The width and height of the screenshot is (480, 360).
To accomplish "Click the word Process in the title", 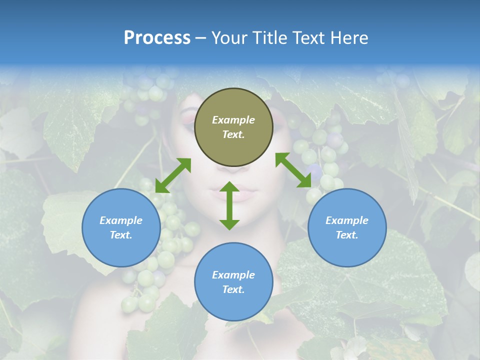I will [x=157, y=38].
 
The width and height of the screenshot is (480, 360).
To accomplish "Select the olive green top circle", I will [x=233, y=127].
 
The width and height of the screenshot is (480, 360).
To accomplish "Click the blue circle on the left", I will [x=121, y=227].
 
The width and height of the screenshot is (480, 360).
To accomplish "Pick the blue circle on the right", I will [x=346, y=227].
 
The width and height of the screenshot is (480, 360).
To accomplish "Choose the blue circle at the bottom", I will [x=233, y=282].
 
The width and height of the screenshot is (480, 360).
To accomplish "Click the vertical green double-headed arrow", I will [x=229, y=205].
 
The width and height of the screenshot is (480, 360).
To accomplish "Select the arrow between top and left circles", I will [x=173, y=175].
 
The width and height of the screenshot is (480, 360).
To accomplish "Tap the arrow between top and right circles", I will [x=293, y=170].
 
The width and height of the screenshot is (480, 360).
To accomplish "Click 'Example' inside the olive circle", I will [x=233, y=120].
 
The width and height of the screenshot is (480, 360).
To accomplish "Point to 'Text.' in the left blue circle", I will [x=121, y=235].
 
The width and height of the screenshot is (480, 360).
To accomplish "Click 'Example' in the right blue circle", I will [x=346, y=220].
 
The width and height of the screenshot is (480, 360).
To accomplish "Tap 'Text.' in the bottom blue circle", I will [x=233, y=289].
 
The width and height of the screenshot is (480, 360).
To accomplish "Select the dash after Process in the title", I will [x=200, y=38].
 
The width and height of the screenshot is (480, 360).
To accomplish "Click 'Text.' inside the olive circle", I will [x=233, y=134].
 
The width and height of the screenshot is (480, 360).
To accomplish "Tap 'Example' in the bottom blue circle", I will [x=233, y=275].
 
